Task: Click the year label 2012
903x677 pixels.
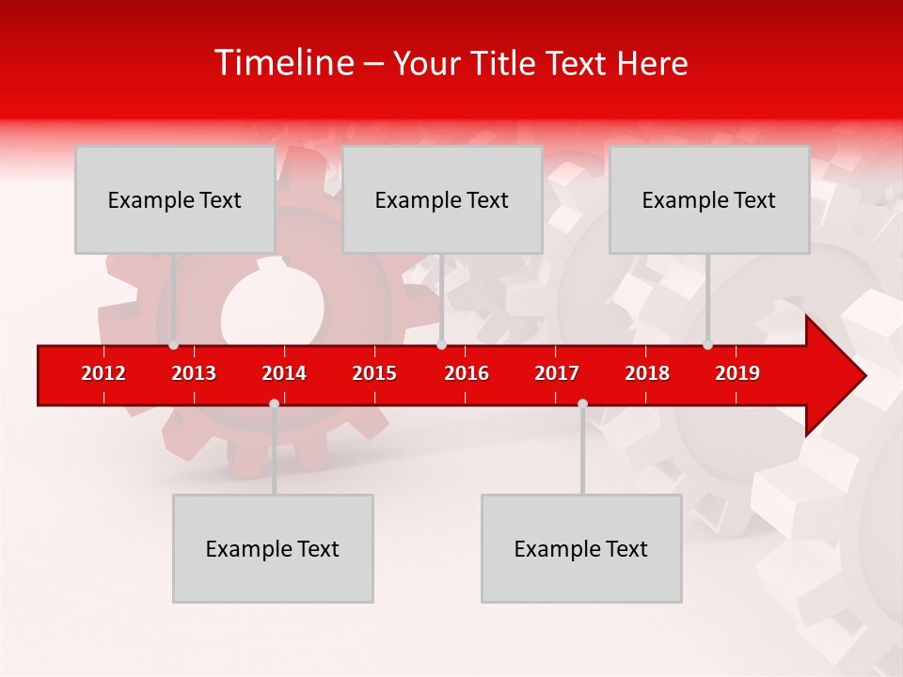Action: [103, 373]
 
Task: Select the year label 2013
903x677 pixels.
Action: [194, 373]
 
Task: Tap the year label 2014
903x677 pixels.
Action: [284, 373]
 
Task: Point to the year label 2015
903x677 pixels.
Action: [374, 373]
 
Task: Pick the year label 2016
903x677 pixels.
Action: [467, 373]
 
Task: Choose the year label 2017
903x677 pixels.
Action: [557, 373]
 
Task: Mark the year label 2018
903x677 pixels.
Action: [647, 373]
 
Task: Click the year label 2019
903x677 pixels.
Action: [737, 373]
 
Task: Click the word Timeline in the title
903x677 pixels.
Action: [283, 63]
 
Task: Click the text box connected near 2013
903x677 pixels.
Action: [175, 199]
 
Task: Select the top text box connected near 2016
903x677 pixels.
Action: [442, 199]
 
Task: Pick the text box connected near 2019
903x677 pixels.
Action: [709, 199]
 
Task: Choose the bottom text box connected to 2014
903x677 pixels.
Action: [273, 548]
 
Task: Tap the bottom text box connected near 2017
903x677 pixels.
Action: [581, 548]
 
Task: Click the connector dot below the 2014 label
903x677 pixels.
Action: [274, 403]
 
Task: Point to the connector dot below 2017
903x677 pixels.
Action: [582, 403]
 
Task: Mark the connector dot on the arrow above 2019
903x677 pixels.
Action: [707, 345]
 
